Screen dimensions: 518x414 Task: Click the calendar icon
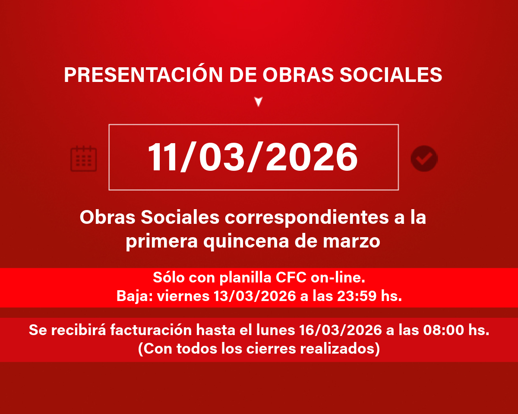pyautogui.click(x=83, y=159)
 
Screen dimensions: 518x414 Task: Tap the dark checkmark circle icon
pyautogui.click(x=424, y=159)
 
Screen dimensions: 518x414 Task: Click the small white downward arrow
pyautogui.click(x=259, y=101)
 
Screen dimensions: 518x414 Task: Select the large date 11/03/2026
pyautogui.click(x=253, y=157)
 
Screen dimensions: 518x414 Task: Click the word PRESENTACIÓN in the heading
pyautogui.click(x=143, y=74)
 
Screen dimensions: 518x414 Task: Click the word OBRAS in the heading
pyautogui.click(x=298, y=75)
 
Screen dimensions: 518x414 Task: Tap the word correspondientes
pyautogui.click(x=306, y=218)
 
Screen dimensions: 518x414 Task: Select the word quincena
pyautogui.click(x=246, y=242)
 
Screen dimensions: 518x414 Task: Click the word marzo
pyautogui.click(x=351, y=241)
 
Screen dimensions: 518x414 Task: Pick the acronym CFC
pyautogui.click(x=291, y=278)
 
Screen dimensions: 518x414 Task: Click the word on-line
pyautogui.click(x=338, y=278)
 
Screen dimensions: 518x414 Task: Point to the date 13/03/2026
pyautogui.click(x=255, y=296)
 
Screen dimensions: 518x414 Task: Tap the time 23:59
pyautogui.click(x=357, y=296)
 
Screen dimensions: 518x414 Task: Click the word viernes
pyautogui.click(x=183, y=296)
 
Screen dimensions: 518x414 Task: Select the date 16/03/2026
pyautogui.click(x=341, y=330)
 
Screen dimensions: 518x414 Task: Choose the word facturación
pyautogui.click(x=151, y=330)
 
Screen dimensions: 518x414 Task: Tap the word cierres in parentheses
pyautogui.click(x=271, y=348)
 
